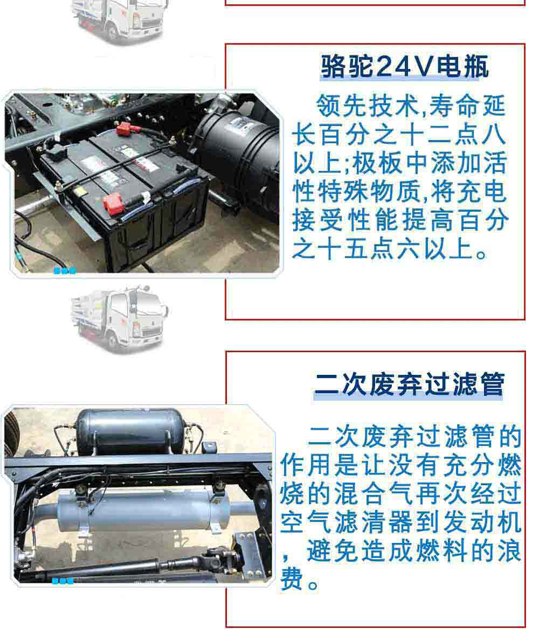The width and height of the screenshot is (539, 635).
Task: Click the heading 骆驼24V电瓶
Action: [x=404, y=66]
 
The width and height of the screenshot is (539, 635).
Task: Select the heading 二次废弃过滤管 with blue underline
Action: [x=409, y=385]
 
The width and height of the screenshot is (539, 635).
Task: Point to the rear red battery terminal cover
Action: [x=125, y=129]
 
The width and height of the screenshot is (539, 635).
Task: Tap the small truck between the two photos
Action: [x=120, y=319]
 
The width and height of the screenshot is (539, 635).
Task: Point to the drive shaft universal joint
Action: [x=219, y=555]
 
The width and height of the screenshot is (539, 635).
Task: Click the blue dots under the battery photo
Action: [x=65, y=271]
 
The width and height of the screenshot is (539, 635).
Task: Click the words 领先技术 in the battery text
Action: [x=368, y=106]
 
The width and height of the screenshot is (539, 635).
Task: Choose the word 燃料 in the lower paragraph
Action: [x=440, y=551]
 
